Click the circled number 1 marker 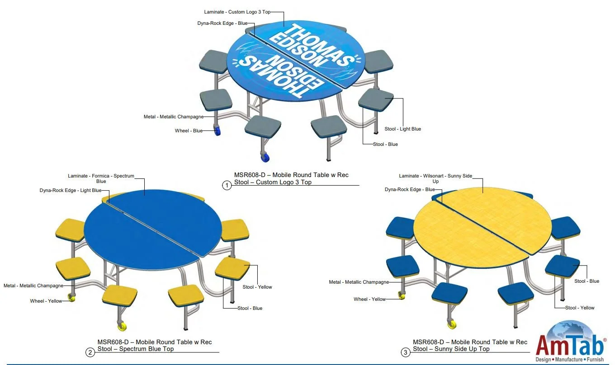tap(227, 185)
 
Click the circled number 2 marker tap(90, 352)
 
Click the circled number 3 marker tap(406, 352)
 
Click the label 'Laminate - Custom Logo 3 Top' tap(237, 12)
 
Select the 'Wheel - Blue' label tap(189, 131)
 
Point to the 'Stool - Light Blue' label tap(402, 129)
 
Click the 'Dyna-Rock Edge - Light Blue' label tap(70, 191)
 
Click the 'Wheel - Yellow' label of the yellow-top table tap(369, 299)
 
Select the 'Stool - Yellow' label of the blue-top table tap(257, 287)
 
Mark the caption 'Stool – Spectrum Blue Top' tap(135, 349)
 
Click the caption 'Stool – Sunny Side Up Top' tap(451, 349)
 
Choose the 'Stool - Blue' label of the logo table tap(385, 145)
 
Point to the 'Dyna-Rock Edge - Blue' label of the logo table tap(222, 23)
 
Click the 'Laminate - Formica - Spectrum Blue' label tap(101, 178)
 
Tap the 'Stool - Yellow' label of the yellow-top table tap(580, 308)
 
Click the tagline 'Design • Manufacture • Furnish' tap(570, 360)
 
